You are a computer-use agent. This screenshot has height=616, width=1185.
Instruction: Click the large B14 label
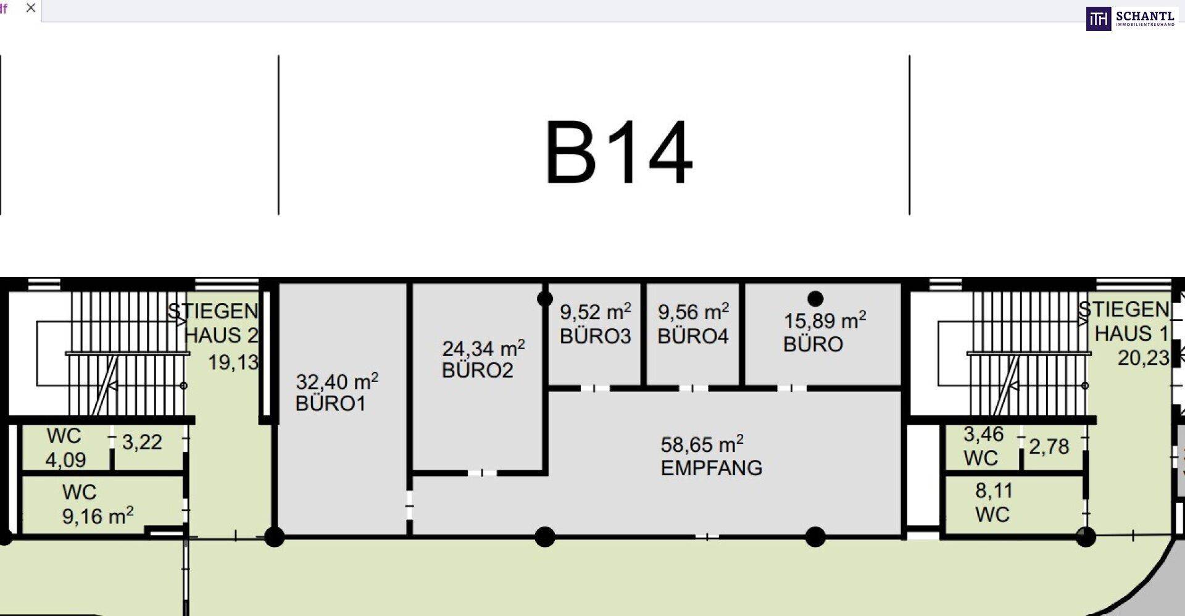tap(618, 153)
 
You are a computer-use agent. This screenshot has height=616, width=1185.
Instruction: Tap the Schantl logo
tap(1131, 19)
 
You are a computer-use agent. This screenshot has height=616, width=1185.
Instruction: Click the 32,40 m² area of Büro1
tap(336, 381)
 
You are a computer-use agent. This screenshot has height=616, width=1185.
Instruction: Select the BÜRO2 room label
tap(477, 370)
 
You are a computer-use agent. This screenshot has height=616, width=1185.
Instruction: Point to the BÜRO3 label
tap(595, 336)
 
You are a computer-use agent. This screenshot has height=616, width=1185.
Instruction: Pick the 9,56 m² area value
tap(693, 312)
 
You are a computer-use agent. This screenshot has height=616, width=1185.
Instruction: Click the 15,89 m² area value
tap(825, 320)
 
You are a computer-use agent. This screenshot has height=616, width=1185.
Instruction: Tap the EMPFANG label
tap(711, 468)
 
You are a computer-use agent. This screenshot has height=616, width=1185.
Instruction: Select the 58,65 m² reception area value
tap(702, 444)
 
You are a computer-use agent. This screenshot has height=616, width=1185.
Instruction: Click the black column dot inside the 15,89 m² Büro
tap(815, 299)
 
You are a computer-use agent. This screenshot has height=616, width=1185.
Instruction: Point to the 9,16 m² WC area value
tap(98, 516)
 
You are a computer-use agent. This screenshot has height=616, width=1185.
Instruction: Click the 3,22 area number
tap(142, 442)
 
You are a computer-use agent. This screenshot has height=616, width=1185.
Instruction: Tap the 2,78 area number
tap(1049, 446)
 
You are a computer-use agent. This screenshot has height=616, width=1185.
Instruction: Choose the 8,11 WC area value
tap(994, 491)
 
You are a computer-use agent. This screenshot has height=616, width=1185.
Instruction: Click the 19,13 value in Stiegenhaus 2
tap(233, 362)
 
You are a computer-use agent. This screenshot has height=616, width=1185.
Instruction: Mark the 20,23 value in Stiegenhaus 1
tap(1143, 358)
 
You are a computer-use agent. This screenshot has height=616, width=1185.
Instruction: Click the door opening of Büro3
tap(595, 388)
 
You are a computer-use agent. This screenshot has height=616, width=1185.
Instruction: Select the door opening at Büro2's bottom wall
tap(482, 473)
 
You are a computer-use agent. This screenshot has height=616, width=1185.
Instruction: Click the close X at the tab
tap(31, 8)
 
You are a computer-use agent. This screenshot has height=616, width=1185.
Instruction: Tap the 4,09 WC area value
tap(65, 460)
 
